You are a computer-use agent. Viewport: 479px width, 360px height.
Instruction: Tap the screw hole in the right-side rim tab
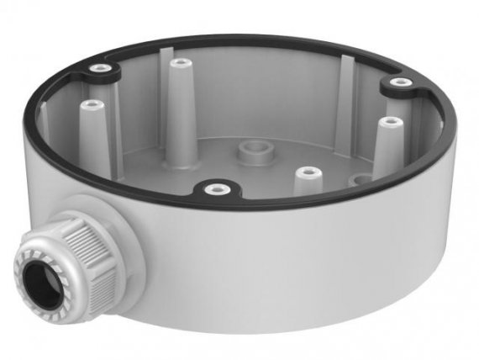399,83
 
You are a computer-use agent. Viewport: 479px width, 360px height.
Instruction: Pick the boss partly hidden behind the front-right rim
358,179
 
